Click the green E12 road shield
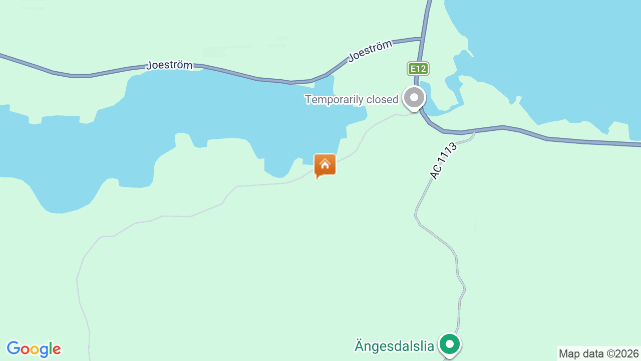coord(418,69)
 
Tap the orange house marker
coord(325,165)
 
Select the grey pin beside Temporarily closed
coord(414,98)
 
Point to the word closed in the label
coord(382,99)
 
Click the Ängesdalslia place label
coord(394,345)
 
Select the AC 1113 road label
coord(444,161)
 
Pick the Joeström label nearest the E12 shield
coord(370,51)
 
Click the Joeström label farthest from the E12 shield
coord(169,65)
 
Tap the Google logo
coord(34,349)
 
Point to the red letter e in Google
coord(57,349)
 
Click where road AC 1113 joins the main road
coord(474,132)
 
